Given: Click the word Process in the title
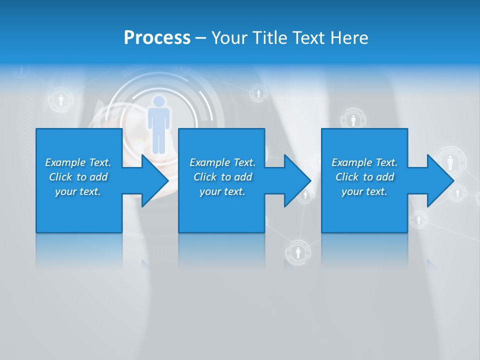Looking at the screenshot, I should tap(157, 38).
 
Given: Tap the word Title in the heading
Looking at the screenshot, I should tap(270, 38).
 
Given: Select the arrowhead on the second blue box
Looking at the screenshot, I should tap(296, 180).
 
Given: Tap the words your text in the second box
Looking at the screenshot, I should tap(222, 191).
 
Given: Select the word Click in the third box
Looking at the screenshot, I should tap(347, 177).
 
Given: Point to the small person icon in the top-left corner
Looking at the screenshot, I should tap(60, 100).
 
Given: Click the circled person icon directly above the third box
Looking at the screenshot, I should tap(353, 120).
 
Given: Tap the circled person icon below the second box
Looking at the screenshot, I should tap(298, 252).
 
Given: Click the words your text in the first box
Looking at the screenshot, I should tap(78, 191).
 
